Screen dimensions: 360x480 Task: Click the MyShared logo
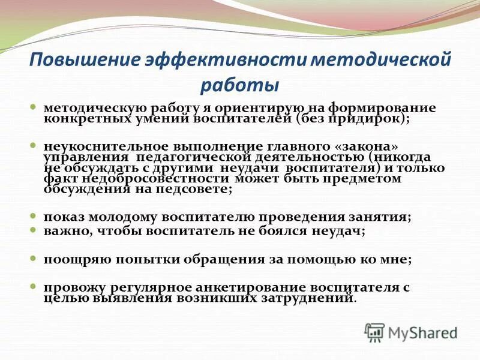410,332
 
